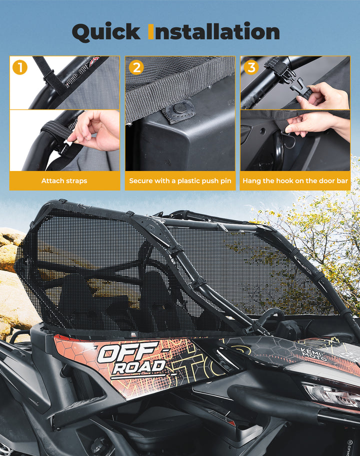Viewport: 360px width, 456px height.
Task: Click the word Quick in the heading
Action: pos(106,32)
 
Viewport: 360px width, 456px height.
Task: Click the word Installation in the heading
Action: pos(214,32)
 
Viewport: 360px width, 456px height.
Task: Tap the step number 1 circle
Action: pos(19,66)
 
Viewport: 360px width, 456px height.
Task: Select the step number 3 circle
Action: pos(251,67)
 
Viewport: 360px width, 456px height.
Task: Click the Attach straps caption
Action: pos(64,180)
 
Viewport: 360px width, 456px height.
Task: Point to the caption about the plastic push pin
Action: pos(180,180)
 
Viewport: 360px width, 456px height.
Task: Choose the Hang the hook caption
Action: pos(295,180)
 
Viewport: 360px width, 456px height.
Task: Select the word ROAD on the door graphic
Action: pos(138,367)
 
